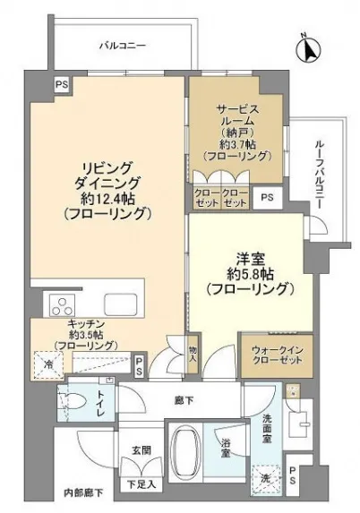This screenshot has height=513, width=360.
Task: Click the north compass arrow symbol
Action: [308, 49]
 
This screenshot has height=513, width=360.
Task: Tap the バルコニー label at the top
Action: [123, 46]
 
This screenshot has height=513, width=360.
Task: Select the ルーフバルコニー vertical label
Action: [320, 175]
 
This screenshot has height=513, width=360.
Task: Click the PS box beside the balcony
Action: [62, 84]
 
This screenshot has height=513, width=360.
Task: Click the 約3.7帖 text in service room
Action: [237, 143]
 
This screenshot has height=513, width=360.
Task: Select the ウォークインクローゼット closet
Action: [278, 355]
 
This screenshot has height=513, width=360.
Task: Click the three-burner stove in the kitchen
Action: [62, 305]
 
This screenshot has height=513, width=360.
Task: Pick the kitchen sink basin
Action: [120, 304]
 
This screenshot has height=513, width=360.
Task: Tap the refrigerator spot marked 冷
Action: [48, 364]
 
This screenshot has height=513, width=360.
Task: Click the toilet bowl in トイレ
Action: [73, 401]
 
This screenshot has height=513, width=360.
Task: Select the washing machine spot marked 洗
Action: [266, 479]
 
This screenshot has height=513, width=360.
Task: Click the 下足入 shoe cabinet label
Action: [141, 484]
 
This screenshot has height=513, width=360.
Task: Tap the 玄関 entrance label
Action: [141, 450]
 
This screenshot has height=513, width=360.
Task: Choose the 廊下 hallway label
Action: [184, 400]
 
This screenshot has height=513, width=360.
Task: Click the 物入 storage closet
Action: [193, 354]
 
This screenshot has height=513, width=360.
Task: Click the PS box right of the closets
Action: [268, 198]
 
